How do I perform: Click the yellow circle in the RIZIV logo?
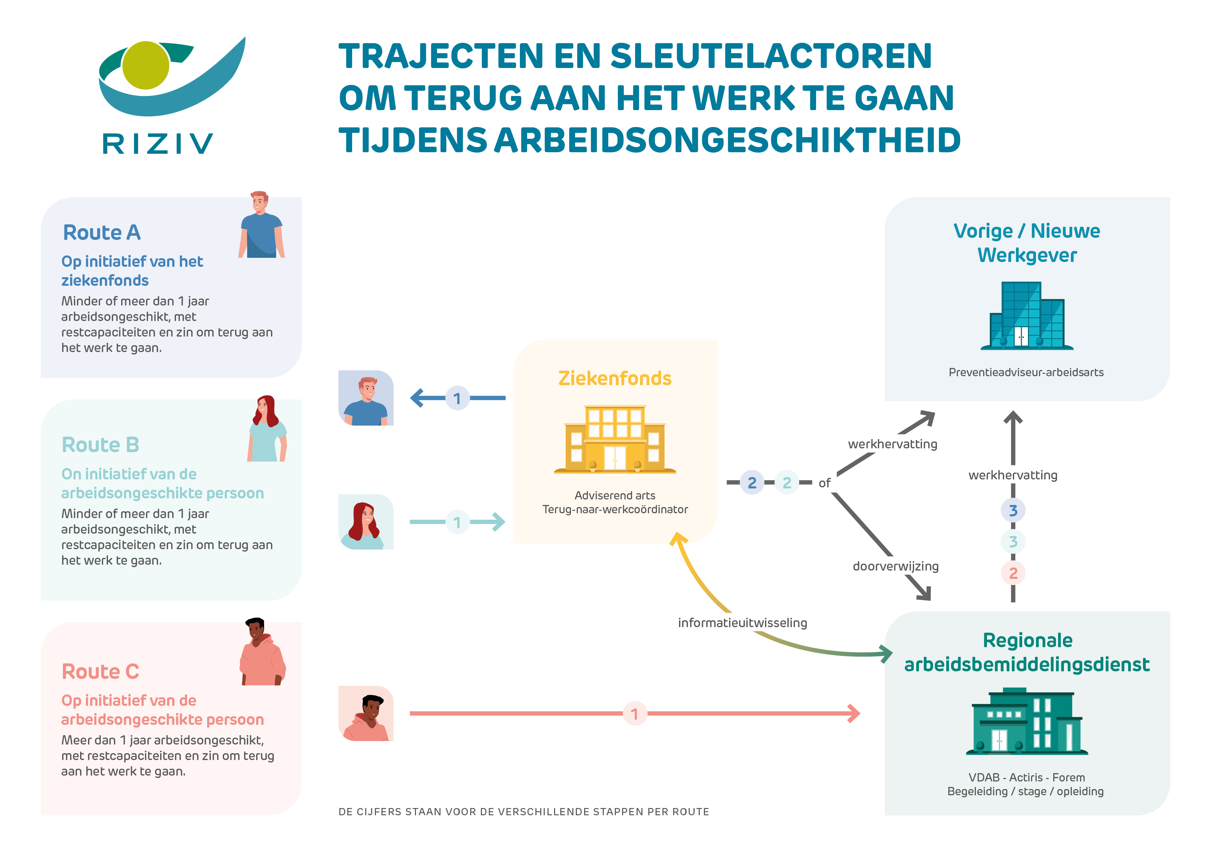[x=146, y=65]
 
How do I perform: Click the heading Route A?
[x=102, y=233]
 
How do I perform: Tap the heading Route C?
[x=100, y=671]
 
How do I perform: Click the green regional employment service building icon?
[x=1026, y=721]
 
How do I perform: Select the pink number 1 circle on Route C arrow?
[x=634, y=713]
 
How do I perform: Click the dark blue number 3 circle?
[x=1013, y=510]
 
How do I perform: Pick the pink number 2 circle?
[x=1013, y=573]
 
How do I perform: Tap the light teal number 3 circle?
[x=1013, y=542]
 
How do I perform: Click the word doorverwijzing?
[x=895, y=566]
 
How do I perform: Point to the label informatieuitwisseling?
[x=742, y=623]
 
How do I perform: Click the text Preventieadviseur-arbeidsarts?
[x=1026, y=372]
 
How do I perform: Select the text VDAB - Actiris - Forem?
[x=1026, y=777]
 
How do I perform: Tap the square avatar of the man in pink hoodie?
[x=366, y=713]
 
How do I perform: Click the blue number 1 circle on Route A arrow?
[x=457, y=398]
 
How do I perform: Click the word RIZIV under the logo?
[x=157, y=144]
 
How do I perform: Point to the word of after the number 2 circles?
[x=824, y=483]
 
